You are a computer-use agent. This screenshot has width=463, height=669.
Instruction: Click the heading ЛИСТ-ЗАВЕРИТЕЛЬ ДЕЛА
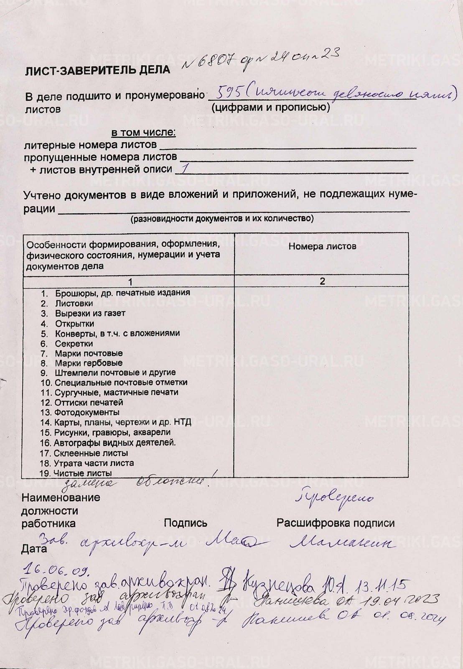98,70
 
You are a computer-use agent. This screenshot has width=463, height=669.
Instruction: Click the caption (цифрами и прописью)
270,107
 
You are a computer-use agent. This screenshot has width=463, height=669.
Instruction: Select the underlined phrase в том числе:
143,133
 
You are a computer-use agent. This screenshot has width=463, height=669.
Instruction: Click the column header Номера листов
322,246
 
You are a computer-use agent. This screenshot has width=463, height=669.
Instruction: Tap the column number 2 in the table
322,281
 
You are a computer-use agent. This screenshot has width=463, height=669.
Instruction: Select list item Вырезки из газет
90,313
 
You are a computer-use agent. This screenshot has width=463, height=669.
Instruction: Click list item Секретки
74,344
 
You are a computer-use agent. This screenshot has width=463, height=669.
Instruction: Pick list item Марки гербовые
89,363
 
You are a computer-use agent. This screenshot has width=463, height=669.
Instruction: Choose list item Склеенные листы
91,453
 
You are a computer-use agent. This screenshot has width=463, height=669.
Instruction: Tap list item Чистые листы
82,473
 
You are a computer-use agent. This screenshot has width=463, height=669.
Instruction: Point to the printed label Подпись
185,523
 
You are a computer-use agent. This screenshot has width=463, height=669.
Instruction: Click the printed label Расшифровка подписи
335,523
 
